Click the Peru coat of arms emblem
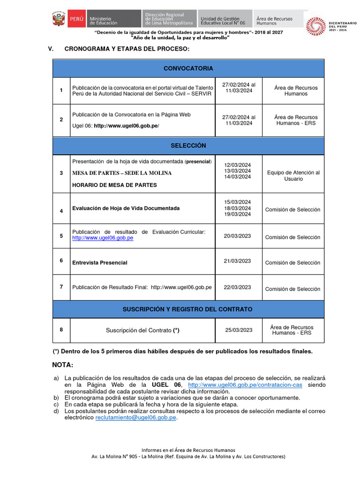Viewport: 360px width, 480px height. (x=58, y=20)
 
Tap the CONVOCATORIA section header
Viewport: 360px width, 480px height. (x=188, y=68)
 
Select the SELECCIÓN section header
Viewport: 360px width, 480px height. (x=188, y=146)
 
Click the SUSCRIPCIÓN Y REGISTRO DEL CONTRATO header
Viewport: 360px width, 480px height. (x=187, y=309)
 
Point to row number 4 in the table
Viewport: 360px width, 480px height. (x=61, y=211)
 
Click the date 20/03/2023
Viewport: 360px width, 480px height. (x=238, y=236)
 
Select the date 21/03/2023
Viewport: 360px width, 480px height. (x=238, y=261)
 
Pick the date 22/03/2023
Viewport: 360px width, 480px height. (x=238, y=287)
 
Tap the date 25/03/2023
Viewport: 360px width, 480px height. (x=239, y=330)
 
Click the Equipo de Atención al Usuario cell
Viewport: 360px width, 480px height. (x=293, y=176)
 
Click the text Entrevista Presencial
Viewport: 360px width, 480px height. (x=100, y=262)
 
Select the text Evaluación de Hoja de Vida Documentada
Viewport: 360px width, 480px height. (x=126, y=208)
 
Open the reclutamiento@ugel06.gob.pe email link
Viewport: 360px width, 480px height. (x=136, y=418)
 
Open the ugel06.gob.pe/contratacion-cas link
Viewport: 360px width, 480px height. (x=245, y=385)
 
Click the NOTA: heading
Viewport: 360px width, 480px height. (x=63, y=365)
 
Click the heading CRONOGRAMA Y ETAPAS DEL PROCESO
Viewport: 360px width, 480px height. (x=127, y=49)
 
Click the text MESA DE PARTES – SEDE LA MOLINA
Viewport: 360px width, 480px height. (x=122, y=173)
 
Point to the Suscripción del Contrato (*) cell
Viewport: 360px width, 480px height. (x=142, y=330)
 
